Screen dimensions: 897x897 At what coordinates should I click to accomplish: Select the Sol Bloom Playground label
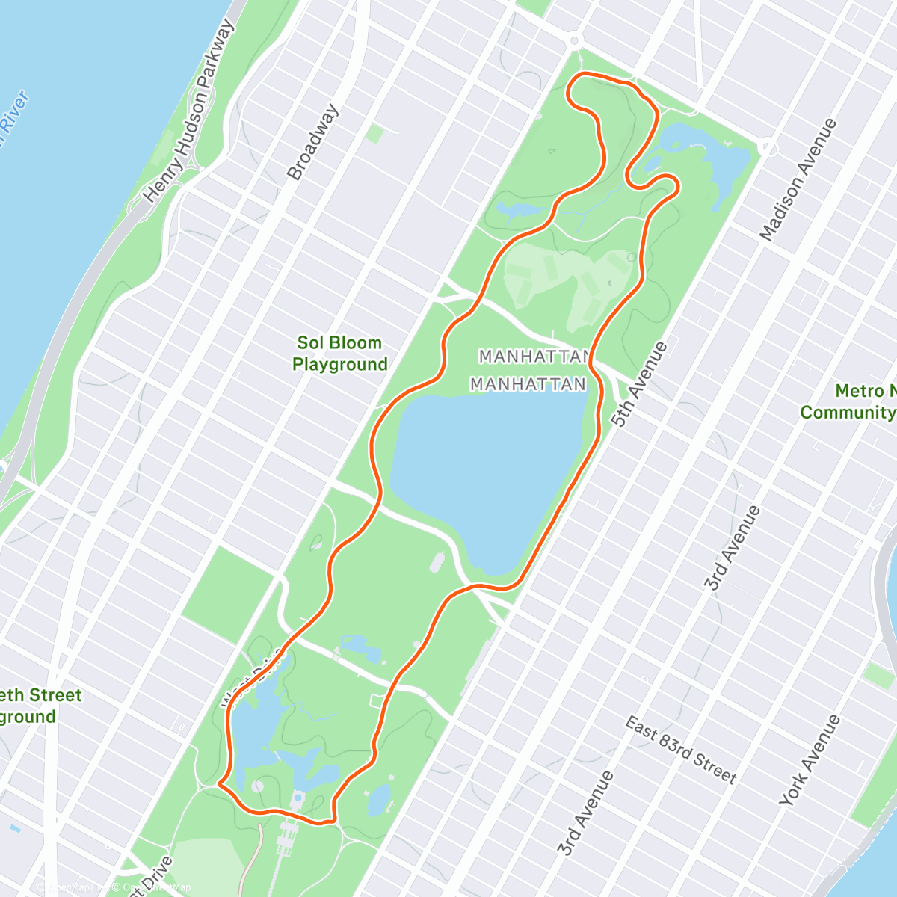click(x=340, y=354)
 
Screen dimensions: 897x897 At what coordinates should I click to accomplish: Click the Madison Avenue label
click(x=798, y=179)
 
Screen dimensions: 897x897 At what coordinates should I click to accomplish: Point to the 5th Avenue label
click(x=639, y=384)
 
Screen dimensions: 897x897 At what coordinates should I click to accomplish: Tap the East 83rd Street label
click(x=681, y=750)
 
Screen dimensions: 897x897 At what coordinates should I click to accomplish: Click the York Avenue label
click(x=810, y=760)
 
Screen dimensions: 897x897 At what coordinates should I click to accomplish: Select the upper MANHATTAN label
click(x=534, y=356)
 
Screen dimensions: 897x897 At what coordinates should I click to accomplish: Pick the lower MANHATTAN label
click(x=528, y=384)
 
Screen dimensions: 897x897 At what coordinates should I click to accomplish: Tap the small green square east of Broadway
click(x=374, y=134)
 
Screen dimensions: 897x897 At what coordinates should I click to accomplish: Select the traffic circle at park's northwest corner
click(x=574, y=40)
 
